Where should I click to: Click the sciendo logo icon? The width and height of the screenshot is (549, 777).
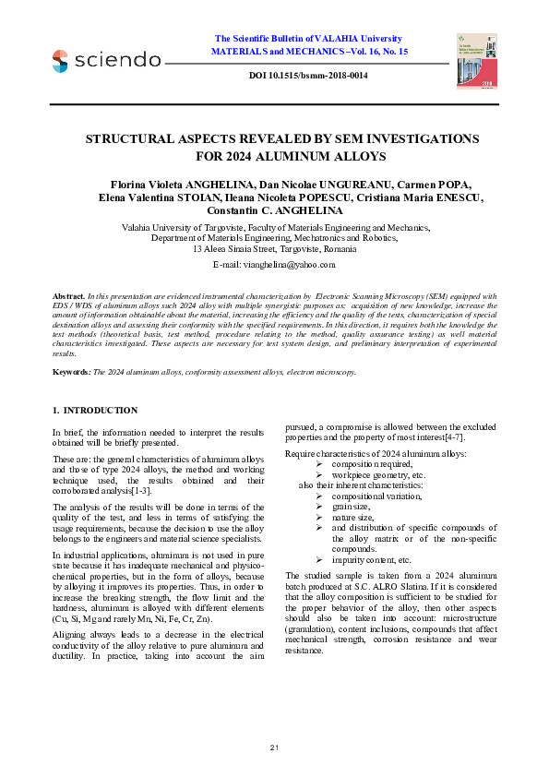[60, 61]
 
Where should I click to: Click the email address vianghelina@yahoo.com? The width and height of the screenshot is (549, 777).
[297, 264]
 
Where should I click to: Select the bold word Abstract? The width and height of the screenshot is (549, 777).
[68, 295]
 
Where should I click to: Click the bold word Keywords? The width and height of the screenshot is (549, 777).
[72, 371]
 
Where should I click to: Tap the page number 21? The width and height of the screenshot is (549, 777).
[274, 746]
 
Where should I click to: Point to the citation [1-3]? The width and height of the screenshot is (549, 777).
[138, 489]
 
